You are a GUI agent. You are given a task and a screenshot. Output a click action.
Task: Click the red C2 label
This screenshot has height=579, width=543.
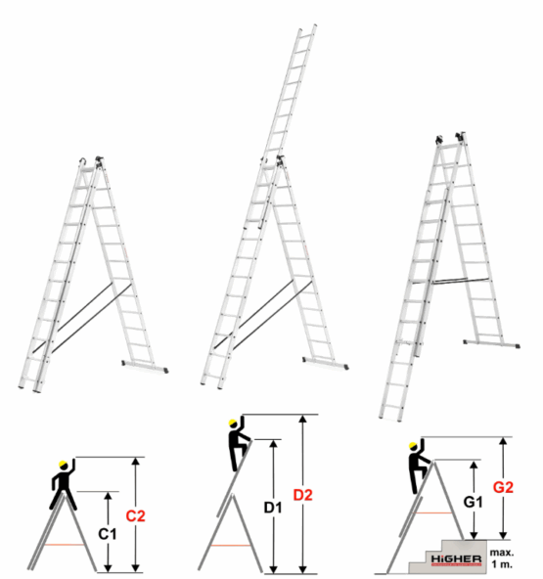pos(135,515)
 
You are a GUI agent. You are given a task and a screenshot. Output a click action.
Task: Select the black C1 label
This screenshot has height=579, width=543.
pos(107,534)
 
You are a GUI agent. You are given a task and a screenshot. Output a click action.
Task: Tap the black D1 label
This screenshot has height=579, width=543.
pos(273,508)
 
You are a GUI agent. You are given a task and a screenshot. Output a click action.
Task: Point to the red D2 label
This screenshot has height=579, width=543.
pos(303,495)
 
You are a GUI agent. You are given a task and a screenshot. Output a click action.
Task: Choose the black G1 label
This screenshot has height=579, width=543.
pos(474,502)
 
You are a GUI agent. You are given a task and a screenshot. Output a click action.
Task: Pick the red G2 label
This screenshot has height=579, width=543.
pos(503,487)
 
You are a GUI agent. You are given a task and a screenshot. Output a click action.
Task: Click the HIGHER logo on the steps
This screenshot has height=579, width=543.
pos(456,559)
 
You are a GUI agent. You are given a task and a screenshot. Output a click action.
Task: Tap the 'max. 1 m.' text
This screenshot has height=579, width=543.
pos(502,558)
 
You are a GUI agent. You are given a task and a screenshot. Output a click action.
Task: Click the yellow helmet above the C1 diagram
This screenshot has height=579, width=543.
pos(64,464)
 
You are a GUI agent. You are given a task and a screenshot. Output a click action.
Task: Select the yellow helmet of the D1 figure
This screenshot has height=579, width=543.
pos(233,423)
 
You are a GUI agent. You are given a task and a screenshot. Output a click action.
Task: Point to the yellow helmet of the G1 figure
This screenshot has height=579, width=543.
pos(413,445)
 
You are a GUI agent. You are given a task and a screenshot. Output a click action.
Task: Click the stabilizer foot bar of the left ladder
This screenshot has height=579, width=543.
pos(145,366)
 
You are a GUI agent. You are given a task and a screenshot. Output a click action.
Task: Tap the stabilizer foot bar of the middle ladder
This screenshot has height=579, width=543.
pos(326,362)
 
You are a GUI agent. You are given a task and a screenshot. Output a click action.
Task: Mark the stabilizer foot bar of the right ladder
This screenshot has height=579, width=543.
pos(492,343)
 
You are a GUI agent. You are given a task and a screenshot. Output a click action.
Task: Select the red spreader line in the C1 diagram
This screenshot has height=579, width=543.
pos(65,545)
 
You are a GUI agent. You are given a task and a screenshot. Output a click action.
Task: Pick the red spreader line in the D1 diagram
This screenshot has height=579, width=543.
pos(231,546)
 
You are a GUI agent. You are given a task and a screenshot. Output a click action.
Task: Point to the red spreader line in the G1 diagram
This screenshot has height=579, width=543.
pos(432,512)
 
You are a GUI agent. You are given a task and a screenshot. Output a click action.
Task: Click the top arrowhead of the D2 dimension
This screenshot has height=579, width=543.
pos(303,419)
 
